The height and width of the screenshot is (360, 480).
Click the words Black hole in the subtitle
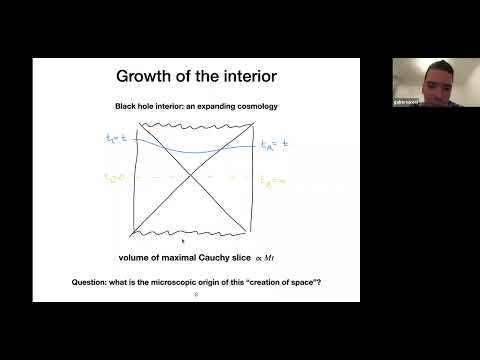click(136, 106)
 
